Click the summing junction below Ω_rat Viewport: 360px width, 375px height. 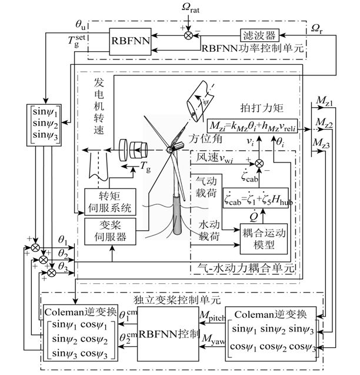click(x=189, y=35)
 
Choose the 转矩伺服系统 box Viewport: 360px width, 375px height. click(x=110, y=202)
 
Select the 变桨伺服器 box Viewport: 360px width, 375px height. click(x=110, y=231)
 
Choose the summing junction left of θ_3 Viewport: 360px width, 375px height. click(x=52, y=272)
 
